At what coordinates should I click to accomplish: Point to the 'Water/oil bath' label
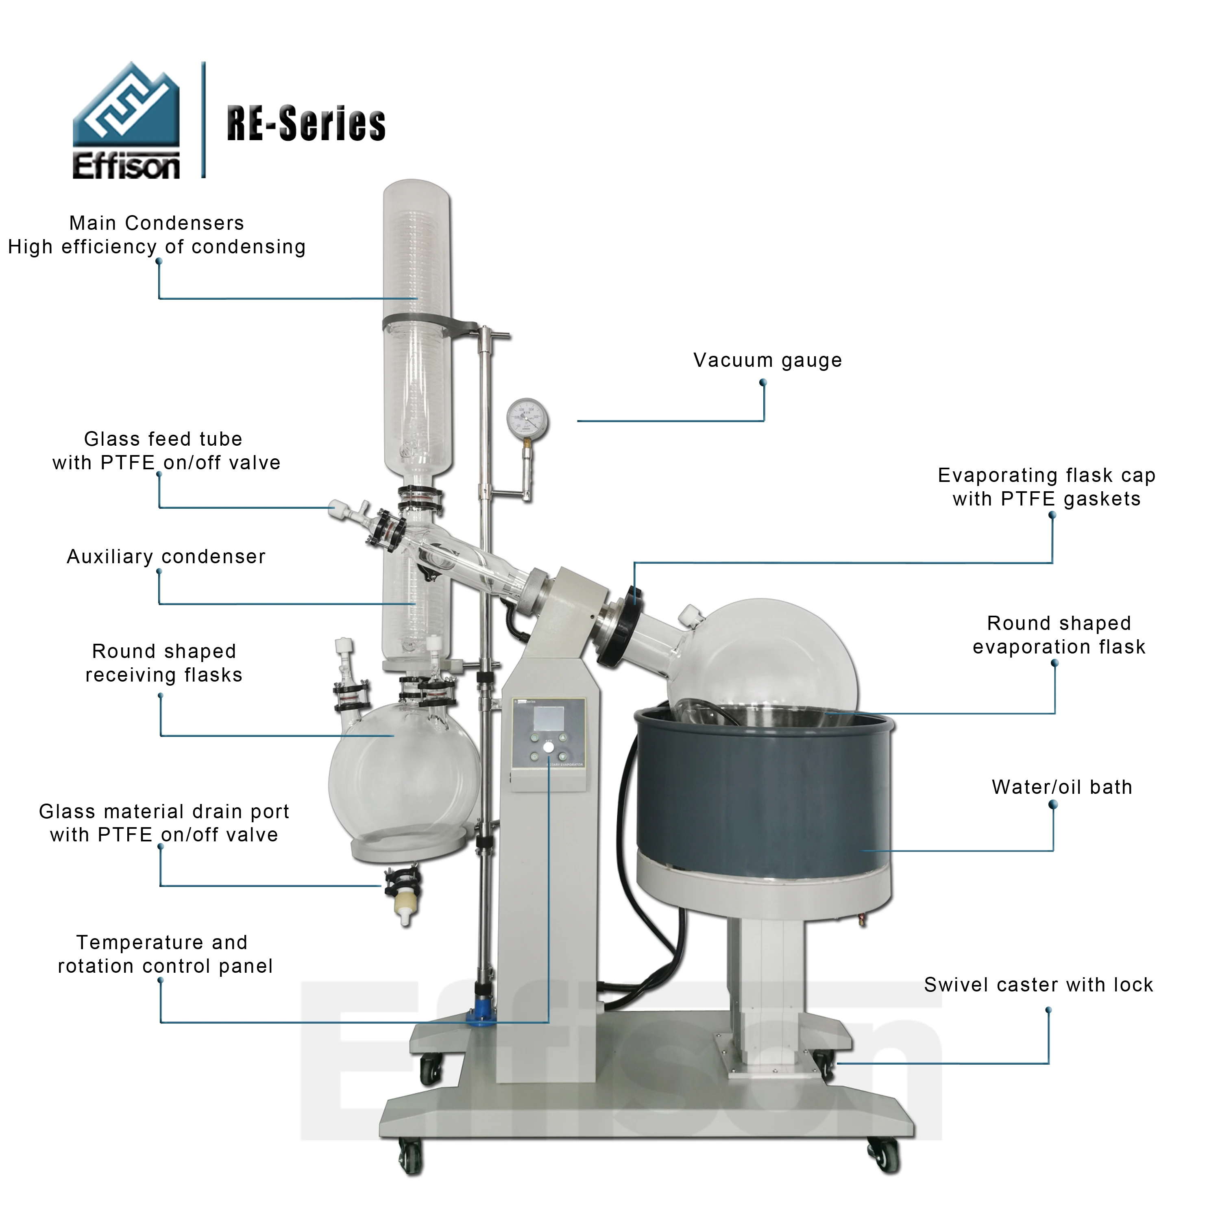tap(1061, 787)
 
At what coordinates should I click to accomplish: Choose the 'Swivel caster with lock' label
tap(1038, 985)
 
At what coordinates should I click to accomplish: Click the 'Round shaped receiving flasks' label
tap(164, 663)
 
